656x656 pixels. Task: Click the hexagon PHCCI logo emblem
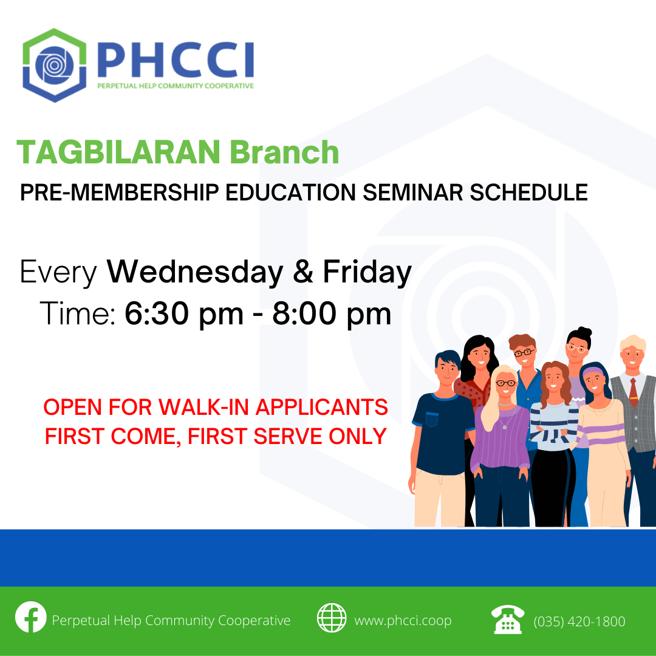coord(55,65)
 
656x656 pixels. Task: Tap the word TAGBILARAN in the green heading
coord(118,152)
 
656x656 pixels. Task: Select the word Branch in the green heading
coord(284,152)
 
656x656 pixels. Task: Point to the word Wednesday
coord(195,272)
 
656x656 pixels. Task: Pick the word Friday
coord(367,273)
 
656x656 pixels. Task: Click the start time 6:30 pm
coord(184,313)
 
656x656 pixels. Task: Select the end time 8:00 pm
coord(332,313)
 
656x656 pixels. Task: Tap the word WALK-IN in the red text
coord(204,407)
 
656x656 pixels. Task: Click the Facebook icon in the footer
coord(31,617)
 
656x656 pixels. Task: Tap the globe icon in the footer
coord(332,618)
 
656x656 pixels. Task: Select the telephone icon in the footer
coord(507,619)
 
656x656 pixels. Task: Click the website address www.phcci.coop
coord(403,620)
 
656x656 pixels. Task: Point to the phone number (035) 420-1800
coord(579,621)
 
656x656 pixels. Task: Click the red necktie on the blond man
coord(634,392)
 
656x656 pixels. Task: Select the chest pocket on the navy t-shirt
coord(431,419)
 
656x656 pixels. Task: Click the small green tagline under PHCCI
coord(176,86)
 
